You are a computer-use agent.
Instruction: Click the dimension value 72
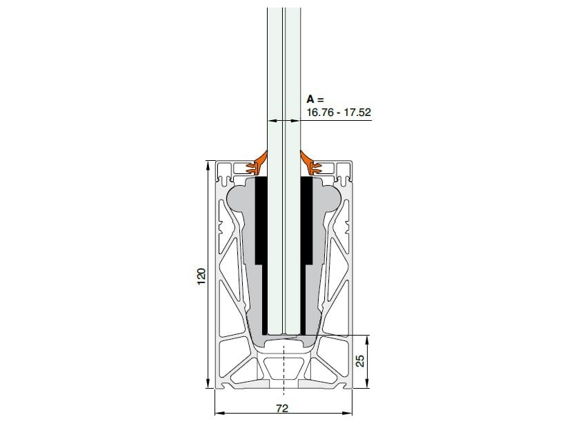281,407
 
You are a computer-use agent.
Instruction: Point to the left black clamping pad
261,221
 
